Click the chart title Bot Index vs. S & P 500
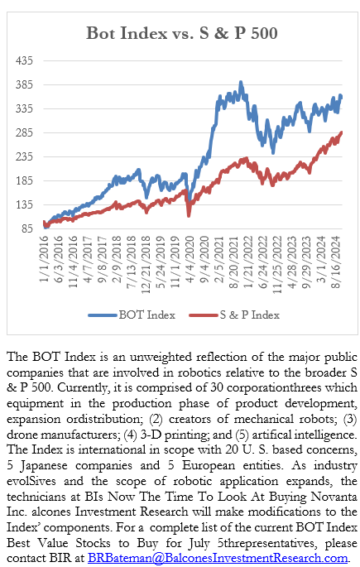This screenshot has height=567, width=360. point(182,33)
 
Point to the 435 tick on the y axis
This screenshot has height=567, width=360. point(24,60)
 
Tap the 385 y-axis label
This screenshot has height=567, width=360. point(24,84)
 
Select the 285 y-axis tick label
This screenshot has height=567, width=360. point(24,132)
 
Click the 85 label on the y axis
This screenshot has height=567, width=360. point(27,228)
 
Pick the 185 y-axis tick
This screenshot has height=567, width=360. point(24,180)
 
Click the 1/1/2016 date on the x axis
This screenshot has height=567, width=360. point(44,259)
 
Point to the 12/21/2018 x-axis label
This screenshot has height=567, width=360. point(146,265)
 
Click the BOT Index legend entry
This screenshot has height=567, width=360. point(132,315)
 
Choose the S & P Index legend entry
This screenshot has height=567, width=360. point(234,315)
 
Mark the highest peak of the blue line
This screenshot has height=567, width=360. point(241,83)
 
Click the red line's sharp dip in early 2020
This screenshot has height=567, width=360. point(189,215)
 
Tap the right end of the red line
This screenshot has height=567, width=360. point(342,132)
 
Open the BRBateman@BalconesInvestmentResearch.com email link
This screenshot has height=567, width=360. point(218,558)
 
